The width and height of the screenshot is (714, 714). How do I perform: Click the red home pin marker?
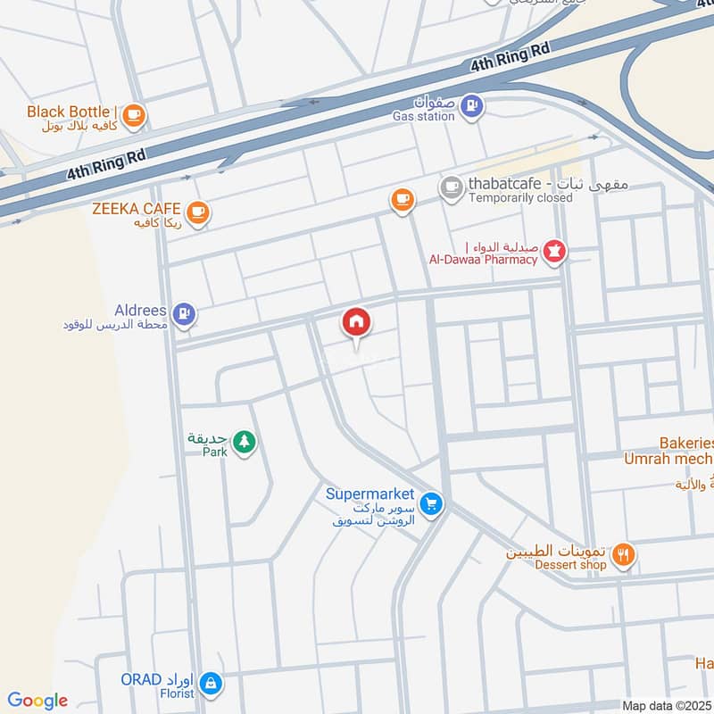[357, 322]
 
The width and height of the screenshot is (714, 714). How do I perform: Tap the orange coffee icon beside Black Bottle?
[134, 114]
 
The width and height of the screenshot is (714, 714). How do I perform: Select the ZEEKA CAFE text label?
[136, 209]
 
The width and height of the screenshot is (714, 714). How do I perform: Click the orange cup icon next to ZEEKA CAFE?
[197, 212]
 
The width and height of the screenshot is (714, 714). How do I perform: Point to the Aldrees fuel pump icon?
[185, 313]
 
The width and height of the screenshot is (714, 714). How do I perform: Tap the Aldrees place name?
[140, 310]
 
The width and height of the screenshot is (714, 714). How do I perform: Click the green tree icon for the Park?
[244, 441]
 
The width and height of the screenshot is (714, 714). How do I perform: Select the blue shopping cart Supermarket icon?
[432, 505]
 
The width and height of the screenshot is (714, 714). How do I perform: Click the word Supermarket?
[369, 494]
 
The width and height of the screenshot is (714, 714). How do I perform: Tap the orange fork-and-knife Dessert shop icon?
[624, 554]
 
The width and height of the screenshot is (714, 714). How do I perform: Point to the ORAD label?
[141, 679]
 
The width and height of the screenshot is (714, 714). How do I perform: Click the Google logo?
[37, 701]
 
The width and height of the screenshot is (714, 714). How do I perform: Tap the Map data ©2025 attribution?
[666, 705]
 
